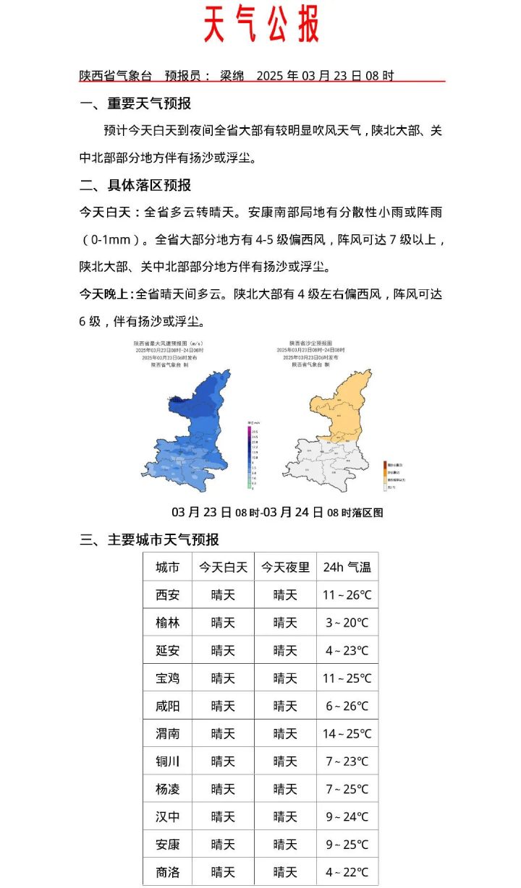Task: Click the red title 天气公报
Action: (x=260, y=25)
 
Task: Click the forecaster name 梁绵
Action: (x=232, y=75)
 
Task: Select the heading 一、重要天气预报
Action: (x=135, y=103)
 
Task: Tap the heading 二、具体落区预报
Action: (x=135, y=185)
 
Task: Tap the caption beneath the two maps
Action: (x=277, y=512)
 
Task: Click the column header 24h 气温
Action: (x=347, y=568)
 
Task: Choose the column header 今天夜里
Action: (x=285, y=568)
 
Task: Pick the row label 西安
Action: (x=168, y=595)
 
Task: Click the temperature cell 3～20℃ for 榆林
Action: (x=347, y=623)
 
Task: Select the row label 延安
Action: (x=168, y=650)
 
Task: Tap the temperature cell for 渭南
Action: (x=347, y=733)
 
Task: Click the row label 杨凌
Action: (x=168, y=789)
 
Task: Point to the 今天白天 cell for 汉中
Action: (x=223, y=816)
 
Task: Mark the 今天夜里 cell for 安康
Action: (x=285, y=844)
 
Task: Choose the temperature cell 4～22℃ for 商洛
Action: (x=347, y=872)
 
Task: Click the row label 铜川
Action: (x=168, y=761)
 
